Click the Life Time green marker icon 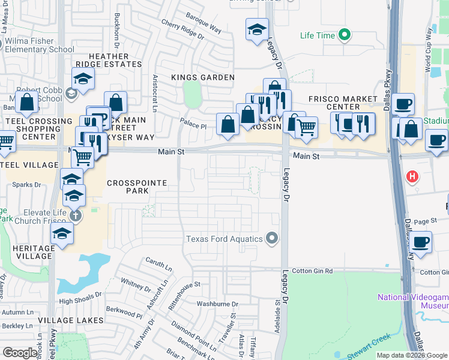pos(345,35)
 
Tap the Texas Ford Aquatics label pos(224,239)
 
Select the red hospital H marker pos(412,176)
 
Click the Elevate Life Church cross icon pos(74,215)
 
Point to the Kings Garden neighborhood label pos(203,77)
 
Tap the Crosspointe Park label pos(127,186)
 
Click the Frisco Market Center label pos(343,103)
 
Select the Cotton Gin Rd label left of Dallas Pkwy pos(312,271)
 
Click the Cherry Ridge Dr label pos(182,29)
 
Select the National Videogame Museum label pos(413,301)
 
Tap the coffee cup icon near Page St pos(421,242)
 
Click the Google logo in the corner pos(20,353)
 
